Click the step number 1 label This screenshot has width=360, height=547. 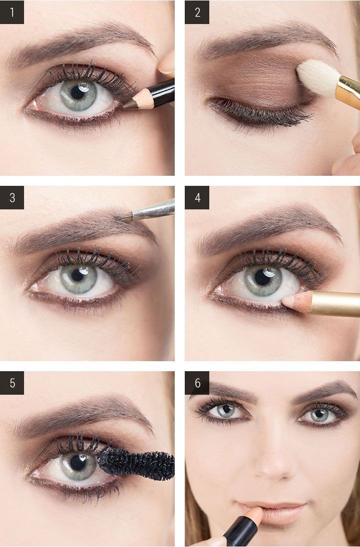click(x=12, y=12)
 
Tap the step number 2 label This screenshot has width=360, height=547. click(x=197, y=12)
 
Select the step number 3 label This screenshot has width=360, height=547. click(x=12, y=197)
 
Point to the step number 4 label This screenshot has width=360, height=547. click(x=197, y=197)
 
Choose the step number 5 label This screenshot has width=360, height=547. click(x=12, y=383)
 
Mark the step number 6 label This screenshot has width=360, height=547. click(x=197, y=383)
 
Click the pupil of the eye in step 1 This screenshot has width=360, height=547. click(x=78, y=93)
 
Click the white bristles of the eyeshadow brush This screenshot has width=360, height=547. click(x=318, y=78)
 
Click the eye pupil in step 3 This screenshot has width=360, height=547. click(x=78, y=276)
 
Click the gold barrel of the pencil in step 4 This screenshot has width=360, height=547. click(x=335, y=304)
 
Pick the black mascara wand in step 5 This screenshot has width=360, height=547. click(x=136, y=464)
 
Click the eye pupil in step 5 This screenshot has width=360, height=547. click(x=78, y=462)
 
